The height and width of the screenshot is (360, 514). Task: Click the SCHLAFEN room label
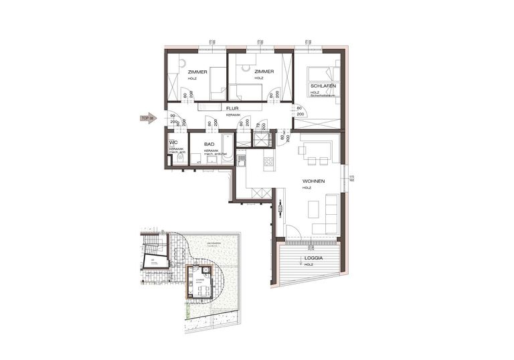322,86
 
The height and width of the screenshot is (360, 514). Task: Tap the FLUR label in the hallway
232,108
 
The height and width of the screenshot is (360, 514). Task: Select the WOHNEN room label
313,181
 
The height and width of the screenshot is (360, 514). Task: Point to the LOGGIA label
313,258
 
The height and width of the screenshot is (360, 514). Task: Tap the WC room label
173,143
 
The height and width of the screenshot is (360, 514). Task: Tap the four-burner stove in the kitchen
269,161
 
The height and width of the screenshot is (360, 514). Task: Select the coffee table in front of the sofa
313,209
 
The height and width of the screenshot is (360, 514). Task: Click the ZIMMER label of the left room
197,71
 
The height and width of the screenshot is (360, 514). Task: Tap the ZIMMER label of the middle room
264,71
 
